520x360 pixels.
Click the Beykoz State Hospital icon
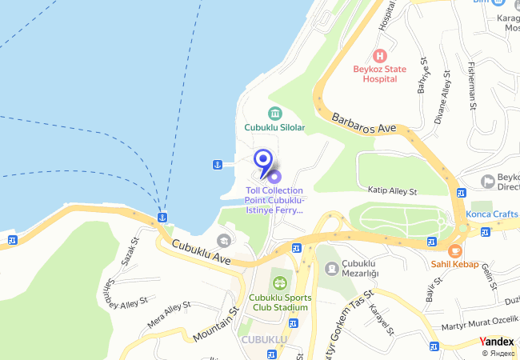coord(380,56)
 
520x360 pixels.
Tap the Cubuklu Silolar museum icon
coord(274,113)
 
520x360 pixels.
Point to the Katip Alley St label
coord(392,192)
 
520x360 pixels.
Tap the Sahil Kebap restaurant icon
coord(455,250)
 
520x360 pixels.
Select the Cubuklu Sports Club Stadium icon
coord(279,282)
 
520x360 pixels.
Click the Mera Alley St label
coord(170,315)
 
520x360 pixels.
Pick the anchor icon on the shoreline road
coord(162,217)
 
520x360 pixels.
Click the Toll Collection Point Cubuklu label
coord(274,201)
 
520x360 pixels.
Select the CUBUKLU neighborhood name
coord(265,340)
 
